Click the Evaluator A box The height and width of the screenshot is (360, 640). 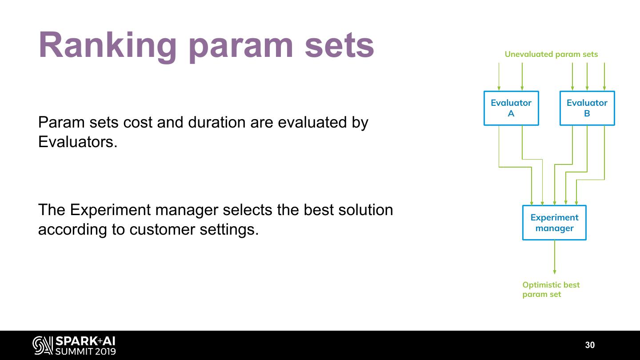click(x=511, y=108)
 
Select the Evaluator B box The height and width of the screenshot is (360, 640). click(x=587, y=108)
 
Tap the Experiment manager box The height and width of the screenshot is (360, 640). click(x=554, y=223)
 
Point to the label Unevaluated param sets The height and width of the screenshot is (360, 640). click(x=551, y=54)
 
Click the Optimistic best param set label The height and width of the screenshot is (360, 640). click(x=551, y=289)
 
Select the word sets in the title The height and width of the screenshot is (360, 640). click(x=340, y=46)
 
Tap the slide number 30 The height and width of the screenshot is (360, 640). click(x=590, y=345)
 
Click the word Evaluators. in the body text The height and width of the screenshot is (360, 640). click(x=78, y=142)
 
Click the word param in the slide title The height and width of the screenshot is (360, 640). click(x=240, y=46)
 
